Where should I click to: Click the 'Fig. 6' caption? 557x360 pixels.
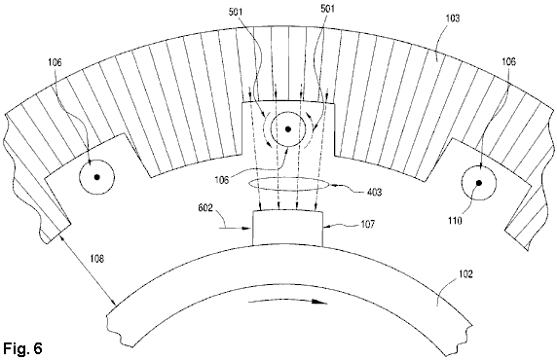[22, 348]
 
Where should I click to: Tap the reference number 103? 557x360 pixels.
[452, 18]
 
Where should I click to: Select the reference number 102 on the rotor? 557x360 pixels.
[465, 274]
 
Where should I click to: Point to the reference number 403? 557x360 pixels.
[374, 192]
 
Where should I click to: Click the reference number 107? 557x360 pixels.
[367, 225]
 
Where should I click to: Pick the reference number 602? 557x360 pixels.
[205, 207]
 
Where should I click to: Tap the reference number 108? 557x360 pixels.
[97, 259]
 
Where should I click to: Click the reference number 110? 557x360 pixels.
[455, 221]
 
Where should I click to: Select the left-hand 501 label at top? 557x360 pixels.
[236, 12]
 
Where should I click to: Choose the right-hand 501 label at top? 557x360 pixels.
[327, 9]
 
